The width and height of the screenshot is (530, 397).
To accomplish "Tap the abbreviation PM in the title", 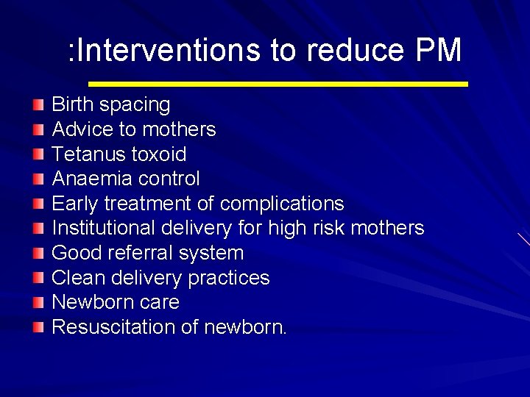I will click(x=438, y=51).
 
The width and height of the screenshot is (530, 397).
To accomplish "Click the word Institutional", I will click(x=105, y=228).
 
